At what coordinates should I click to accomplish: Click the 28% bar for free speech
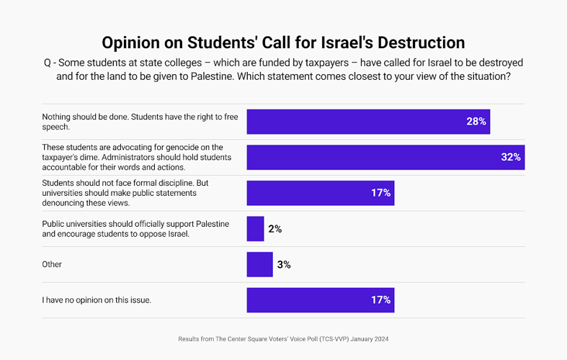pos(368,122)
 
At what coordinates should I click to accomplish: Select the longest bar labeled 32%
pos(386,158)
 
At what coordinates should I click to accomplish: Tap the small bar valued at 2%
pos(255,229)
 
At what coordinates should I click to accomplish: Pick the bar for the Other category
pos(259,264)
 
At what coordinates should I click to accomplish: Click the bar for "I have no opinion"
pos(321,300)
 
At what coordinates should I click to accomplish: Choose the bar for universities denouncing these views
pos(321,193)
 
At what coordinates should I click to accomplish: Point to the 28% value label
pos(476,122)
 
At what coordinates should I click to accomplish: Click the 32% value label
pos(511,157)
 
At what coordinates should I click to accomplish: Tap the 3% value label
pos(284,264)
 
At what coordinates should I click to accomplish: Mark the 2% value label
pos(274,229)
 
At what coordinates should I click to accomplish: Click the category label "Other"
pos(52,264)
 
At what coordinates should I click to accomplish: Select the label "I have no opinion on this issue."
pos(97,300)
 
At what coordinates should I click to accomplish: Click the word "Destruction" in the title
pos(421,42)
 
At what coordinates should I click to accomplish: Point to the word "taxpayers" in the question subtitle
pos(327,63)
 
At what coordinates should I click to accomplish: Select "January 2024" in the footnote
pos(370,339)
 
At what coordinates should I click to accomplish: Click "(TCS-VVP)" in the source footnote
pos(334,339)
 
